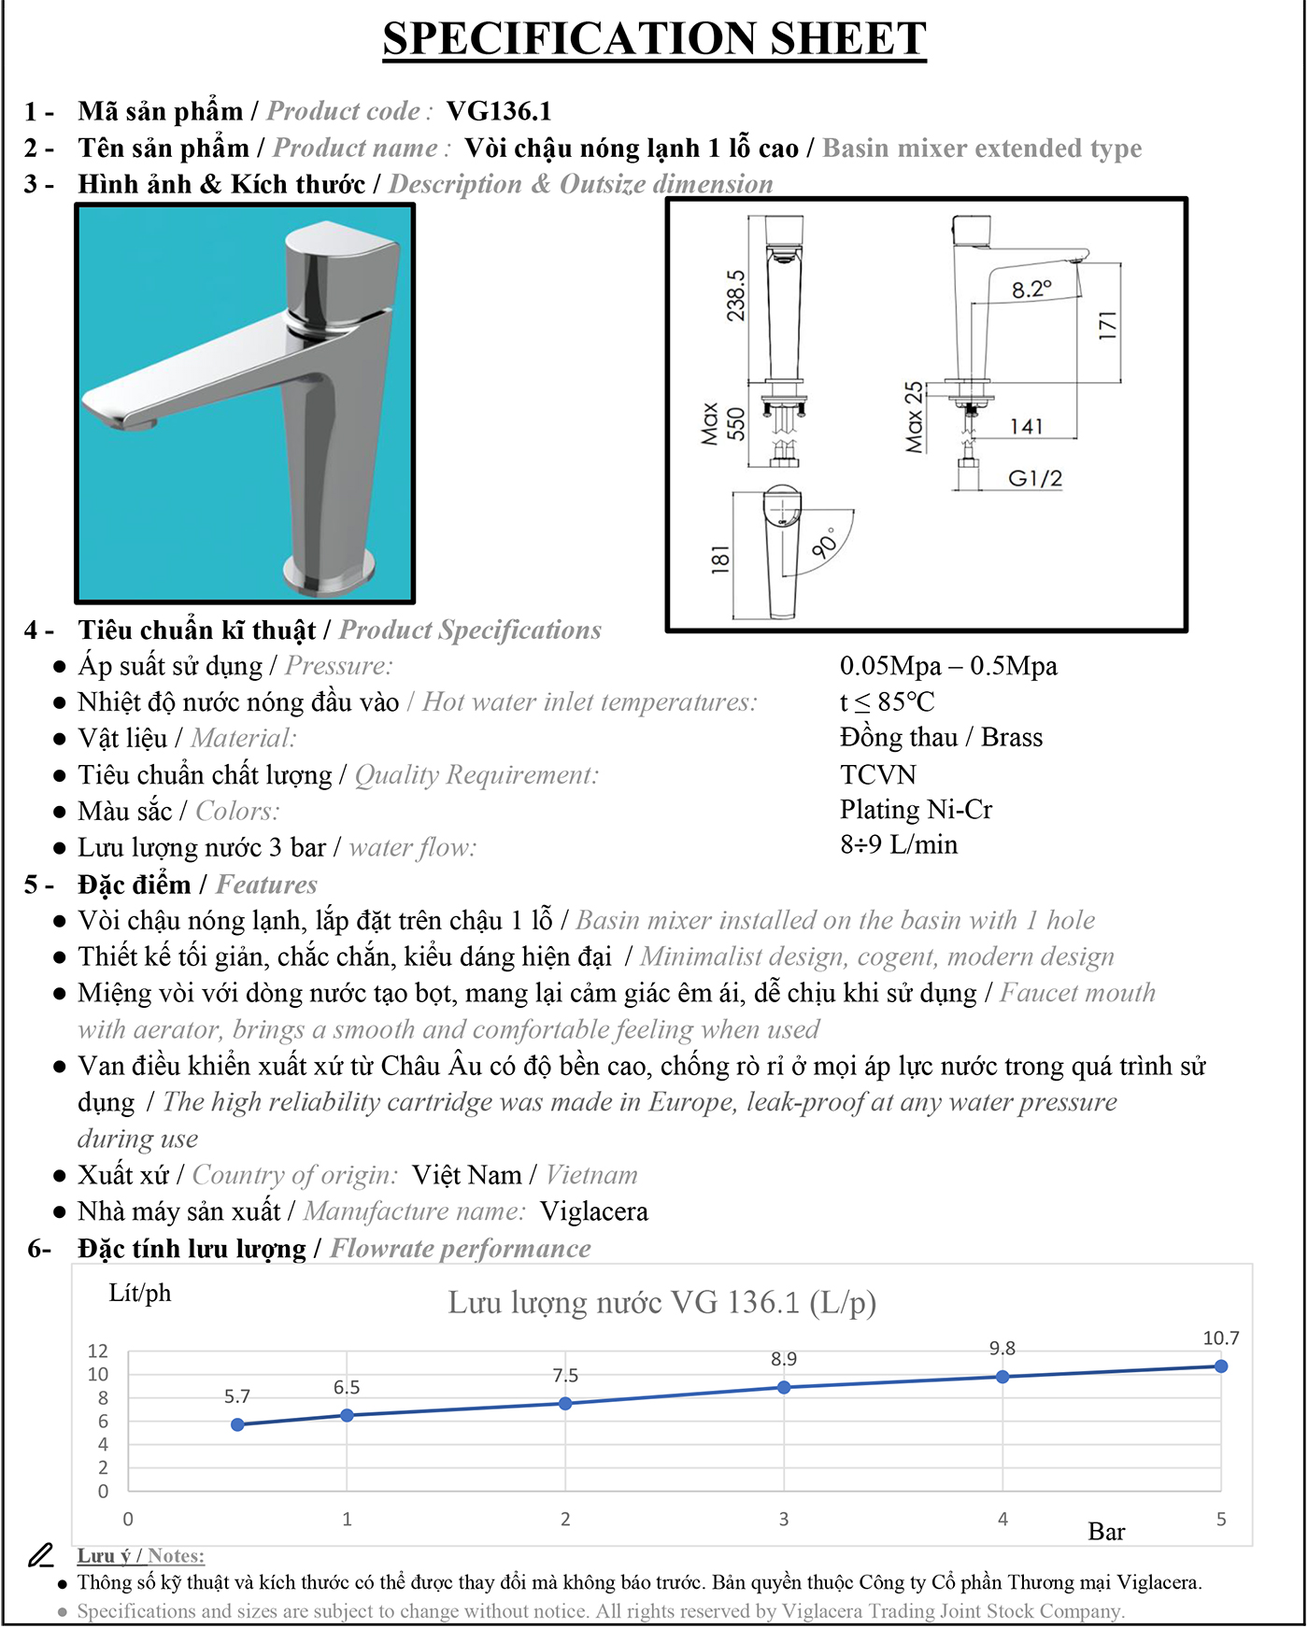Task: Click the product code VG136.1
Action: point(499,111)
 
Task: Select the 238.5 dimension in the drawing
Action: point(736,295)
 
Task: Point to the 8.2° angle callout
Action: point(1031,290)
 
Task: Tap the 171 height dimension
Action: point(1108,325)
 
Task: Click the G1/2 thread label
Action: point(1035,478)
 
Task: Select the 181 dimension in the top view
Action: point(720,559)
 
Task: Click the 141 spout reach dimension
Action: point(1026,427)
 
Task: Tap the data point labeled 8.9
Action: point(784,1387)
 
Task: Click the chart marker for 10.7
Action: point(1220,1366)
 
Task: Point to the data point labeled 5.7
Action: point(237,1424)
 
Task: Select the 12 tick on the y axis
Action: point(98,1351)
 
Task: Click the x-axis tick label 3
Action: point(784,1519)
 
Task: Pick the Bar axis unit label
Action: point(1106,1532)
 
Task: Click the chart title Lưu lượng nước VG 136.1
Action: point(661,1302)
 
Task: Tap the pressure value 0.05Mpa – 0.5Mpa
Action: point(948,666)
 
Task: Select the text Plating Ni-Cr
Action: point(916,809)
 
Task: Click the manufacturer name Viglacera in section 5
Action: point(594,1211)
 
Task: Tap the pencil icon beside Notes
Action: point(40,1555)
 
